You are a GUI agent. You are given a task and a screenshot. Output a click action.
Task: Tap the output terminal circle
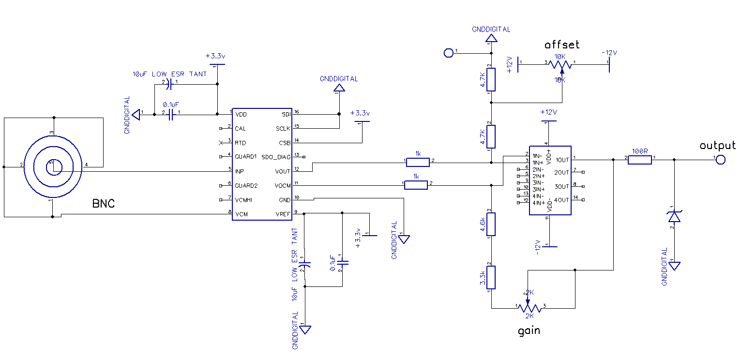[x=721, y=160]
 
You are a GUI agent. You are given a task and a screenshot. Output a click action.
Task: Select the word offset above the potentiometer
[x=561, y=45]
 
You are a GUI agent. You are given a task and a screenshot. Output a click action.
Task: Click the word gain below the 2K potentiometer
[x=529, y=331]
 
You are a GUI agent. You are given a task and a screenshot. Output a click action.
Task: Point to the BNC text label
[x=104, y=204]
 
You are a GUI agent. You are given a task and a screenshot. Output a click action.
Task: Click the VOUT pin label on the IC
[x=282, y=171]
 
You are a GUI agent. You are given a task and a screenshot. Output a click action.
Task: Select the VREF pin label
[x=283, y=214]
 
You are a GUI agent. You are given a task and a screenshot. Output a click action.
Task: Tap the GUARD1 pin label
[x=246, y=157]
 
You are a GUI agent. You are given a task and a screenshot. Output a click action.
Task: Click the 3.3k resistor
[x=491, y=277]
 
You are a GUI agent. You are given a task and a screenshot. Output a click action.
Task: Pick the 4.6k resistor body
[x=491, y=223]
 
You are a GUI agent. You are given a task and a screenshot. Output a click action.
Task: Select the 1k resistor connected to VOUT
[x=418, y=161]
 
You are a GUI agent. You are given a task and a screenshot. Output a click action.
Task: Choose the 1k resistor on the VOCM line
[x=416, y=184]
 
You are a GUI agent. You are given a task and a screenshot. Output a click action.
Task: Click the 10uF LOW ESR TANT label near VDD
[x=169, y=74]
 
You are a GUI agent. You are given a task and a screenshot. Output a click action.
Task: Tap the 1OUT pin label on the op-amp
[x=561, y=160]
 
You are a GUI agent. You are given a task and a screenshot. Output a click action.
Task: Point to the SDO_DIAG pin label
[x=276, y=157]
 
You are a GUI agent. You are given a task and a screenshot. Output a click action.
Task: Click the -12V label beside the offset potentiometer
[x=609, y=53]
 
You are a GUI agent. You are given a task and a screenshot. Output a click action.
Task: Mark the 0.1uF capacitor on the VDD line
[x=170, y=114]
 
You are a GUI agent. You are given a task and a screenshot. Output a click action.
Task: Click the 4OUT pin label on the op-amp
[x=561, y=200]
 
